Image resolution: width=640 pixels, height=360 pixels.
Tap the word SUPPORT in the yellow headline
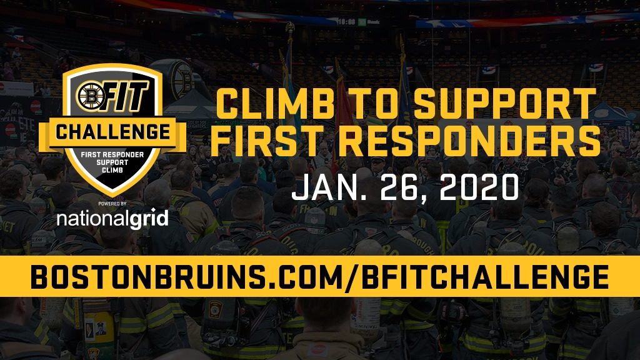click(x=505, y=104)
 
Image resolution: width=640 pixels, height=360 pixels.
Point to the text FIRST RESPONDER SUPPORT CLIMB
click(x=112, y=162)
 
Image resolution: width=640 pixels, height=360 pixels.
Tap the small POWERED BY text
click(x=112, y=203)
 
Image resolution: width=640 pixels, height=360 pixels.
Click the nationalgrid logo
click(x=112, y=219)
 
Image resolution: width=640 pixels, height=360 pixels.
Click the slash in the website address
click(x=352, y=277)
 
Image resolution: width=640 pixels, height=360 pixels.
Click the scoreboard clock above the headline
click(x=346, y=22)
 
